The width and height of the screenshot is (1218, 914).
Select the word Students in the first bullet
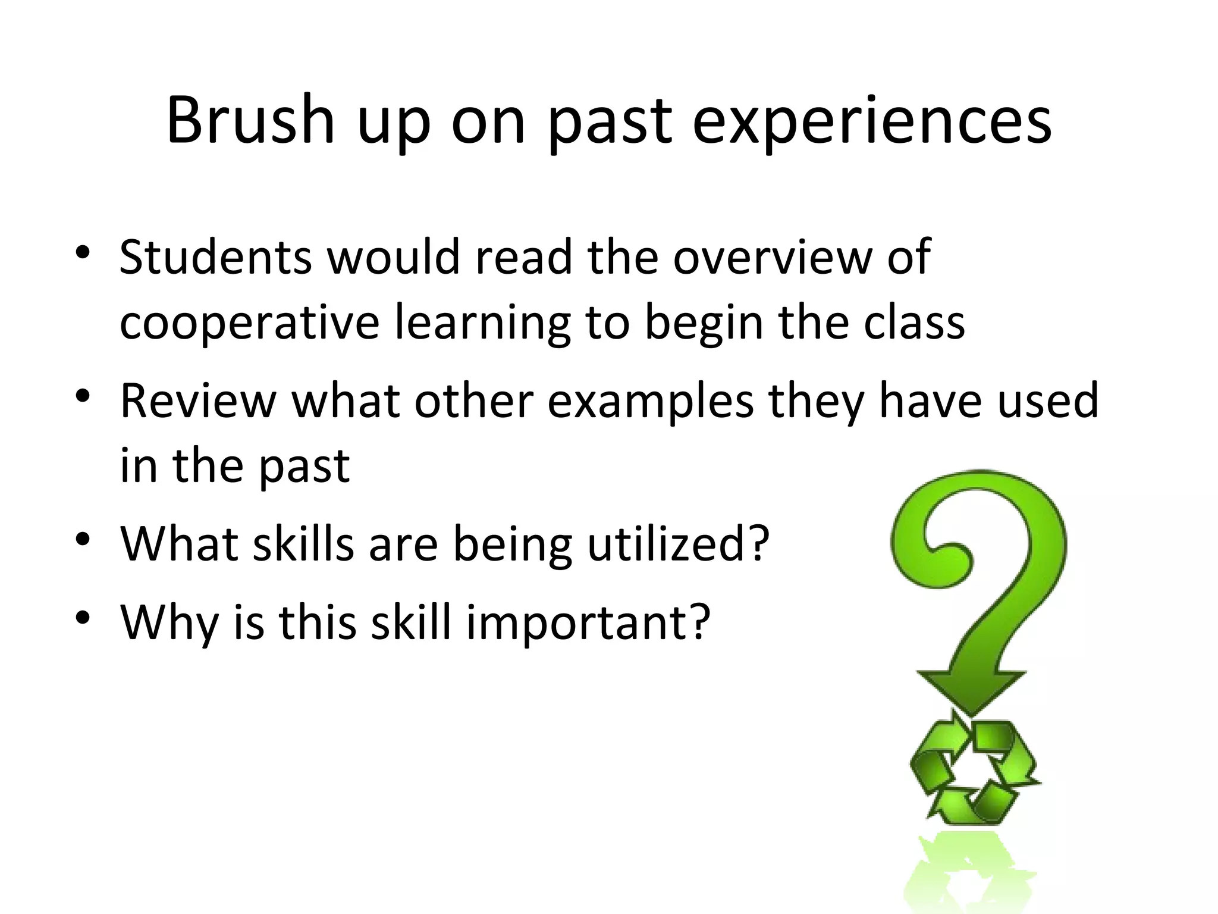(215, 257)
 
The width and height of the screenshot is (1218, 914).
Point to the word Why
(169, 623)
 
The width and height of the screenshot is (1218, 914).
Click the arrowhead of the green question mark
(971, 690)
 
